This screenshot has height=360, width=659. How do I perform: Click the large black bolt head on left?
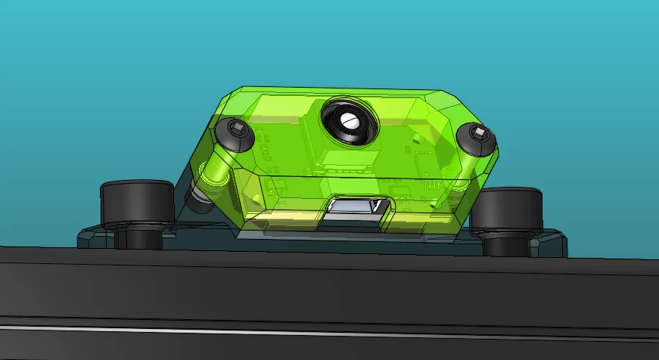(138, 201)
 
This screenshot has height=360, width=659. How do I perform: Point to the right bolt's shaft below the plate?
(508, 244)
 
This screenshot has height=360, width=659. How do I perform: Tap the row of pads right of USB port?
(431, 186)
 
